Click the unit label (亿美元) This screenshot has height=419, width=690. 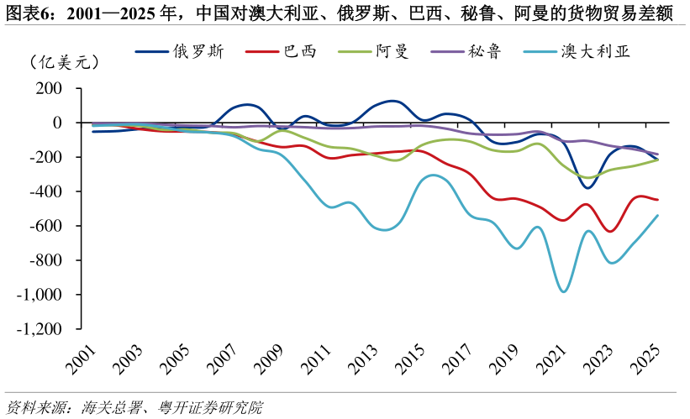[x=63, y=62]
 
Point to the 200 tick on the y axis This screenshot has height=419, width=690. [x=50, y=88]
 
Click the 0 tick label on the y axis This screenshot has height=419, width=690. [x=57, y=123]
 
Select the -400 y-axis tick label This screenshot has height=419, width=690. [x=46, y=191]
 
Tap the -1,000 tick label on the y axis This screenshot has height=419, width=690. [x=40, y=295]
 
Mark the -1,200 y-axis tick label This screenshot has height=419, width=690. [x=40, y=329]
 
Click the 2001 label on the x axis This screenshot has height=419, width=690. [x=83, y=359]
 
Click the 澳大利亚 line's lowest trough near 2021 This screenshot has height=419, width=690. [x=563, y=291]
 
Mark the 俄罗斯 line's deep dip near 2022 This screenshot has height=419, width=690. [x=587, y=187]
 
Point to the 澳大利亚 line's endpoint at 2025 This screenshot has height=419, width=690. [x=657, y=215]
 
